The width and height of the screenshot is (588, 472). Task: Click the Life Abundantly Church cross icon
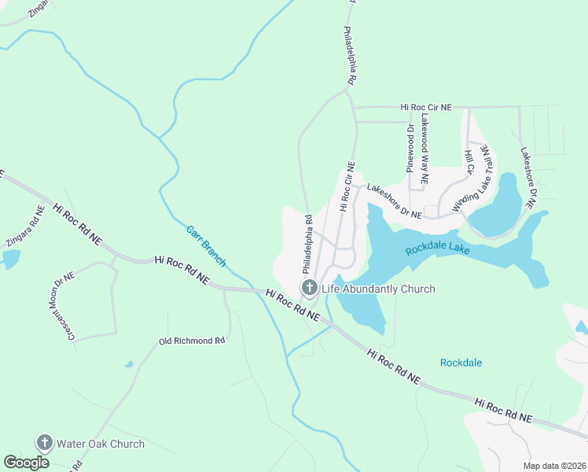click(x=309, y=288)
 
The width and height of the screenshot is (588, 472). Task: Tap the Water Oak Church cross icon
click(x=45, y=443)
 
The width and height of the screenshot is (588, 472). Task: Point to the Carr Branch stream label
click(x=206, y=246)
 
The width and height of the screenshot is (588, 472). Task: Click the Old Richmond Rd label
click(x=192, y=341)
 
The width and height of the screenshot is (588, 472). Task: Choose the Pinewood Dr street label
click(x=410, y=146)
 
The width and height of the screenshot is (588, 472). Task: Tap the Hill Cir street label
click(x=469, y=163)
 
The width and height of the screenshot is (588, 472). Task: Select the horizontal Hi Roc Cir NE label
click(x=426, y=106)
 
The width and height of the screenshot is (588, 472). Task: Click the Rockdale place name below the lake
click(x=461, y=363)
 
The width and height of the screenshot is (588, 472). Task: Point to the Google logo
click(x=26, y=462)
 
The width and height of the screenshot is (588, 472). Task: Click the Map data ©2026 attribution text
click(x=553, y=466)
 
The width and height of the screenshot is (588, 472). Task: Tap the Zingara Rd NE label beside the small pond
click(x=26, y=226)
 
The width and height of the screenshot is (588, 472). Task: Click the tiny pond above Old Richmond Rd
click(x=129, y=364)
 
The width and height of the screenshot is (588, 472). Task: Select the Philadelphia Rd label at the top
click(x=351, y=56)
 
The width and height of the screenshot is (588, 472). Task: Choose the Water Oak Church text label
click(x=101, y=444)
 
